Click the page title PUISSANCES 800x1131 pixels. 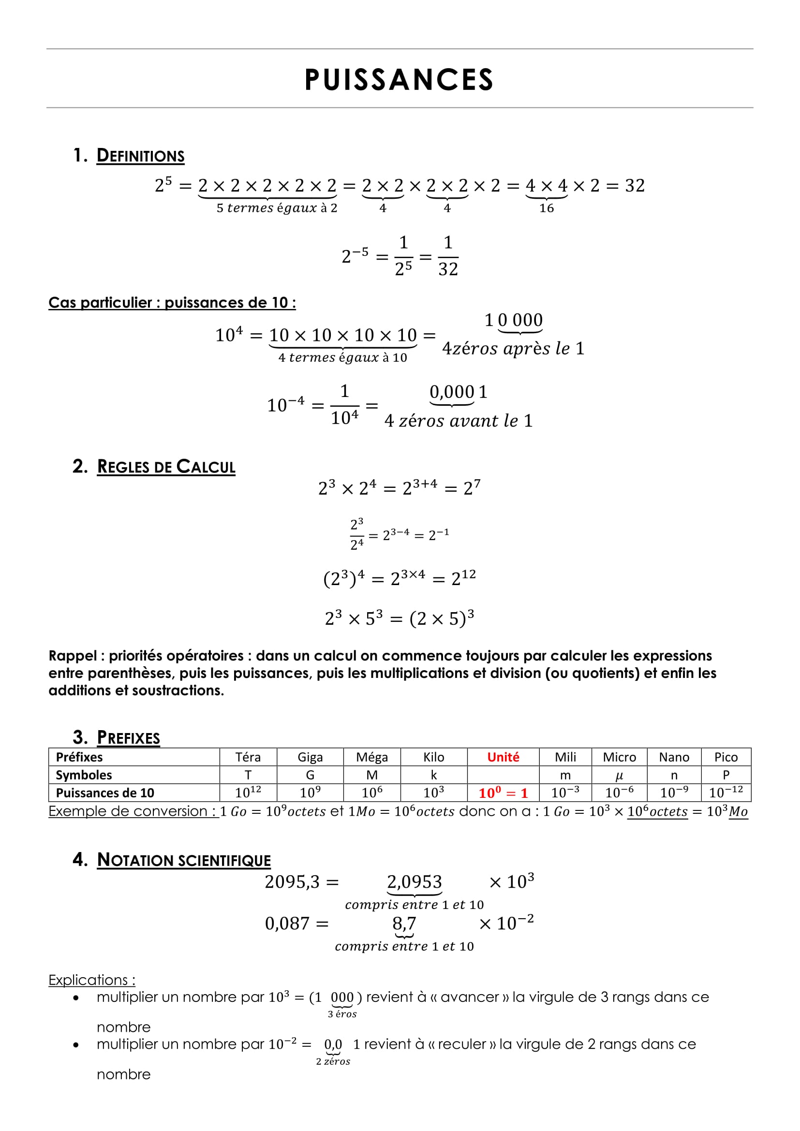point(399,80)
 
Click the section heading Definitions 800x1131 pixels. point(140,156)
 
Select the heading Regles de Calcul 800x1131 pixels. point(166,467)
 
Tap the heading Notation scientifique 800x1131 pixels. point(184,860)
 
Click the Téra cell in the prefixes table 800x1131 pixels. point(248,757)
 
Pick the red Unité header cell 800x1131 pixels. point(503,757)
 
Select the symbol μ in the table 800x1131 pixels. point(619,775)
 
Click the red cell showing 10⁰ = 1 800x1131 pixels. point(503,793)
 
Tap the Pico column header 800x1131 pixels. point(726,757)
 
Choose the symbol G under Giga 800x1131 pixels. point(310,775)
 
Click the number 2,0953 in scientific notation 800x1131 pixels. point(415,881)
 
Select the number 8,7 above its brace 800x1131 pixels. point(404,923)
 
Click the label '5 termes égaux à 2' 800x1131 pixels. point(277,208)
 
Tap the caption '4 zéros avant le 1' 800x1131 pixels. point(458,421)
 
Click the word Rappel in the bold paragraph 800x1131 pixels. point(73,656)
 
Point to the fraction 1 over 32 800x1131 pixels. point(448,256)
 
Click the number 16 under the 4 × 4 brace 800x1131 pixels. point(546,208)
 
